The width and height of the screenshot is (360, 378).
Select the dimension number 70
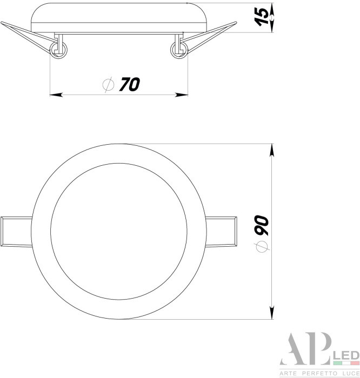click(129, 84)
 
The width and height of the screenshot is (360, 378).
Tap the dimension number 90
click(262, 225)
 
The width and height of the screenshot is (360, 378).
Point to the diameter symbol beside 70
click(108, 85)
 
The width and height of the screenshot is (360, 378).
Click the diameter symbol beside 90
click(262, 247)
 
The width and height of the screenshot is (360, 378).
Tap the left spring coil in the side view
click(59, 50)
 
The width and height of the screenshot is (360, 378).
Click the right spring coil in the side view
click(178, 50)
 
